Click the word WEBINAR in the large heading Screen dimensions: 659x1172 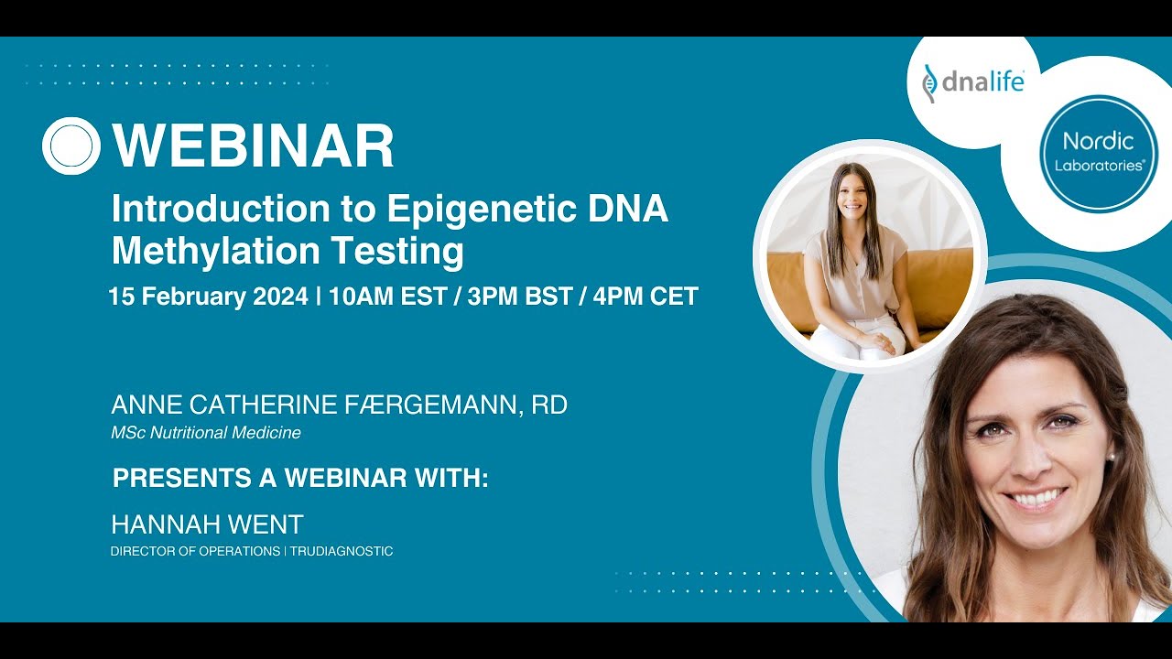(253, 146)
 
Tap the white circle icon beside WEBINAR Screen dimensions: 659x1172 (71, 146)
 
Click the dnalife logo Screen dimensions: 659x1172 (972, 82)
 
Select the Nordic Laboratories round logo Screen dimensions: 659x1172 (1098, 153)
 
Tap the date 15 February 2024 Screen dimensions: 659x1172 (208, 297)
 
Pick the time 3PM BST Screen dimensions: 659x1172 (519, 297)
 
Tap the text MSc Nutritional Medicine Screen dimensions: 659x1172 (206, 433)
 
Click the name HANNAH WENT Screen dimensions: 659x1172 (207, 524)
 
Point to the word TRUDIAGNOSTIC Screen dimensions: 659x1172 (342, 551)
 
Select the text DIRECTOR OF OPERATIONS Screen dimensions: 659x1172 (195, 551)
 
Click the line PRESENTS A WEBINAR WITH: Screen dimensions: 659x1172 (300, 478)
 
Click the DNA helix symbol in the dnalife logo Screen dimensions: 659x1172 (930, 83)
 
